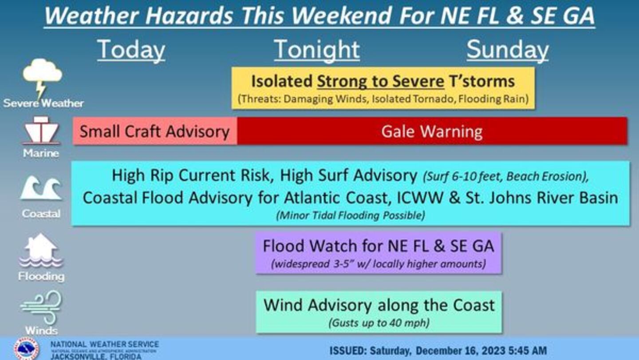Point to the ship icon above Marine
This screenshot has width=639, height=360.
click(x=42, y=130)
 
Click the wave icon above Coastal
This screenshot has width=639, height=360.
click(x=41, y=188)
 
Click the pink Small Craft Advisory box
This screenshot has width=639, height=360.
click(x=155, y=131)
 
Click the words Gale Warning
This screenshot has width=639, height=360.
click(x=432, y=132)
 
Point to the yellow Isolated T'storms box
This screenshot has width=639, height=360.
click(x=383, y=88)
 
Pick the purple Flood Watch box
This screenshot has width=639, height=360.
click(x=379, y=253)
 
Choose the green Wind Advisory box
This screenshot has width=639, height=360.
click(x=379, y=312)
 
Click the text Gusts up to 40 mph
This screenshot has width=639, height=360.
click(x=379, y=323)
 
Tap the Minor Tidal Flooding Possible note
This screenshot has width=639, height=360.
click(x=351, y=215)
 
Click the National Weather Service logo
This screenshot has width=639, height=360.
click(x=26, y=349)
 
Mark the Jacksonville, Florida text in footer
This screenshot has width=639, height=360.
click(x=96, y=356)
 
